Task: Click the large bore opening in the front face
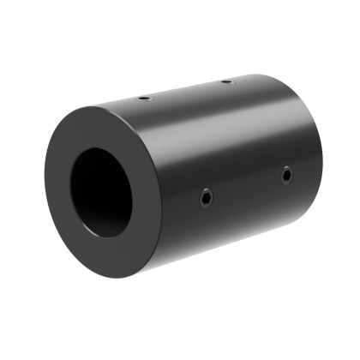click(101, 192)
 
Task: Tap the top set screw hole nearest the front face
click(144, 98)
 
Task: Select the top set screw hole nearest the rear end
click(226, 81)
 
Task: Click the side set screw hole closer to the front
click(206, 198)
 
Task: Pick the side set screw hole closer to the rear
click(286, 175)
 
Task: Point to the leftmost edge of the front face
click(45, 184)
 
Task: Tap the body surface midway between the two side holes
click(246, 187)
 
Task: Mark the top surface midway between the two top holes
click(185, 90)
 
